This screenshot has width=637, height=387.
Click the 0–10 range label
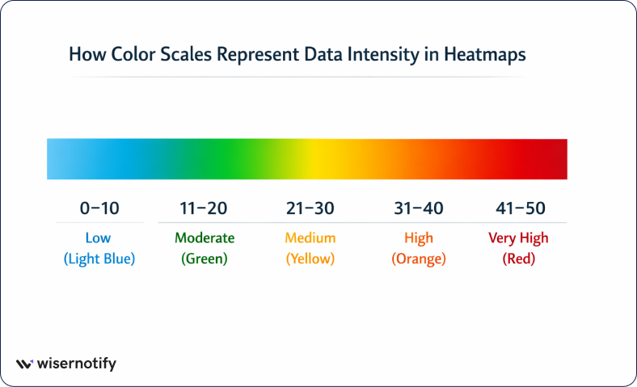(99, 208)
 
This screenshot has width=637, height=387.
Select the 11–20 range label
(204, 208)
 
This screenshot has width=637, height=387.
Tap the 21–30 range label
(310, 208)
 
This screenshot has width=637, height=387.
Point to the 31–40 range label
(419, 208)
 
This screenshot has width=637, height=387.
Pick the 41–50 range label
(521, 208)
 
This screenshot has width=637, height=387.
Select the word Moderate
(205, 238)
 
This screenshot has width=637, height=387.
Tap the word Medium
(310, 238)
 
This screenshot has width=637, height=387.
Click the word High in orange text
(419, 238)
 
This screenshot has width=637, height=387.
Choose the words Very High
(518, 238)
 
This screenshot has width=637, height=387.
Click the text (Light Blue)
(99, 259)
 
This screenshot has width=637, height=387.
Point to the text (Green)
(205, 259)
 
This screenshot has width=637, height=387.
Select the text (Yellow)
(310, 259)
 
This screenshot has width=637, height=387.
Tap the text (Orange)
(419, 259)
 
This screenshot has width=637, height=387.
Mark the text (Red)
(518, 259)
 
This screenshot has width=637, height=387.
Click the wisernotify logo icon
(24, 364)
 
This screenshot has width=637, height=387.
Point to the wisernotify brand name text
(78, 364)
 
